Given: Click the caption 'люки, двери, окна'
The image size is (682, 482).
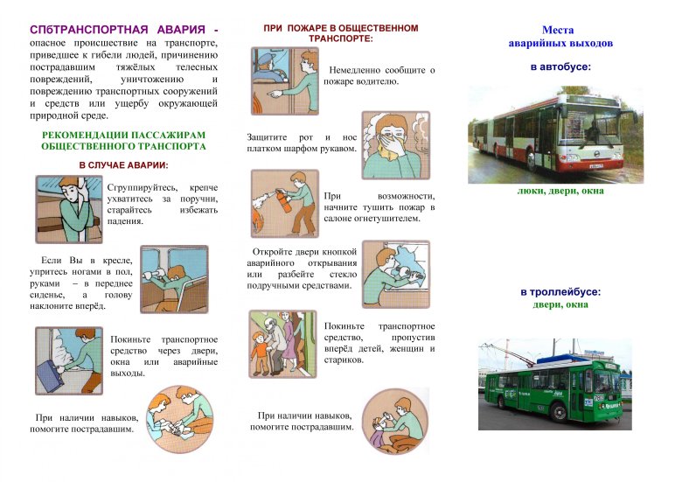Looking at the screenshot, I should (x=560, y=191).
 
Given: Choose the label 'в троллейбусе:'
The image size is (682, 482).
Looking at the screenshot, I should (x=560, y=292).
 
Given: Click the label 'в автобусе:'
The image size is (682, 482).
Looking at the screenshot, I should (x=560, y=66).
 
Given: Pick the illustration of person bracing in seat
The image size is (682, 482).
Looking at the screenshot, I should (x=173, y=278).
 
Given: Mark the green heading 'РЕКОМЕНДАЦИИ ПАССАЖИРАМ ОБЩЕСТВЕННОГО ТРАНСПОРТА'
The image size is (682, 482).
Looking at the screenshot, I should (x=123, y=140).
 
